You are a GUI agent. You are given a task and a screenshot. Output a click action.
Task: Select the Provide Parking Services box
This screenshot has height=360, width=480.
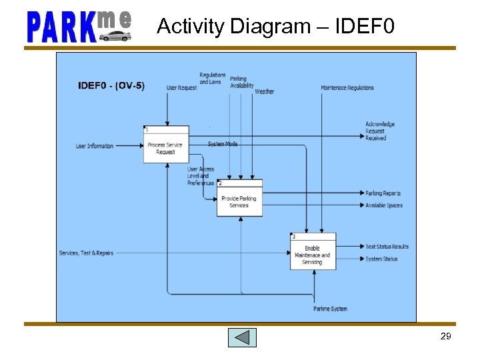coord(239,198)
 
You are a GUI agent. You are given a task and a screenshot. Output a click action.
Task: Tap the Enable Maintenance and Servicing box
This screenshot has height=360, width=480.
coord(313,251)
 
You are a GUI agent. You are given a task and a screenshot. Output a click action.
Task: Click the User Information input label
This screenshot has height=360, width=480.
coord(95,146)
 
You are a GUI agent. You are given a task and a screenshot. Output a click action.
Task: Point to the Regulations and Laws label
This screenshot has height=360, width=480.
coord(213,79)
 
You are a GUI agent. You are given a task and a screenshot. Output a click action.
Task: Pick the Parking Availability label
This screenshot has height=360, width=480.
coord(242,82)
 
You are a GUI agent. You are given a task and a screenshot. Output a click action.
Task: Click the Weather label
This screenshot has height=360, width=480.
coord(264,91)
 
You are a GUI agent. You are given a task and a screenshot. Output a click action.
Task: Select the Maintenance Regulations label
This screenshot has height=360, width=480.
coord(347,88)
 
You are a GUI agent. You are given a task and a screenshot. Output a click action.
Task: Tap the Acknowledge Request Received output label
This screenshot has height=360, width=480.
coord(380,131)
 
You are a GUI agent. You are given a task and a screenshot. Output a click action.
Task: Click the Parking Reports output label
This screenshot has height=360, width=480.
coord(383,193)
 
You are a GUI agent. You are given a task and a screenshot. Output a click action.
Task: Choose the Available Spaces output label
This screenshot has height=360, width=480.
coord(384,205)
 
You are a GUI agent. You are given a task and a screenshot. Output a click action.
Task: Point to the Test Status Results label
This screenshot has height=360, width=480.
coord(387,247)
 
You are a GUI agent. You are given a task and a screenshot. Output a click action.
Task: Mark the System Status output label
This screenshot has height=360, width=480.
coord(381,259)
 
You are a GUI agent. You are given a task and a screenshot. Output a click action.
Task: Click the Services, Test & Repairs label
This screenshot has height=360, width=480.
coord(86,253)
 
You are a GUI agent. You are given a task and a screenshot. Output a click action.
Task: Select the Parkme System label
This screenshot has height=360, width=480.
coord(330,309)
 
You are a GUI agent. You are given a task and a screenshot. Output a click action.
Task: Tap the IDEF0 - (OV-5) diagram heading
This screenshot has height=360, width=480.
coord(111,85)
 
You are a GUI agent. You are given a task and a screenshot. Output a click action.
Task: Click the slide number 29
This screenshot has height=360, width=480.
coord(446,337)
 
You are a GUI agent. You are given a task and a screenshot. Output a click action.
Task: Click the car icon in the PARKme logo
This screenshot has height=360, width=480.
coord(115,35)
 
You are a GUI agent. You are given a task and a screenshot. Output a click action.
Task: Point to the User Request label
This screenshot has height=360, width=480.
coord(181,88)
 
